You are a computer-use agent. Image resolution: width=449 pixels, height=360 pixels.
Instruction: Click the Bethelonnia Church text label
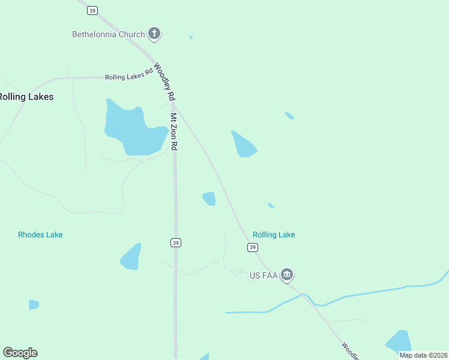108,34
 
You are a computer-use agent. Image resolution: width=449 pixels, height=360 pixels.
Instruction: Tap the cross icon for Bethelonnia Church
155,34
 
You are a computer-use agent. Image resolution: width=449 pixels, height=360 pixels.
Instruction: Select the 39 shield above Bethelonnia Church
92,11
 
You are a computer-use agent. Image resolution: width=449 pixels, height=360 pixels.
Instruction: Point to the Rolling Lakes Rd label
129,77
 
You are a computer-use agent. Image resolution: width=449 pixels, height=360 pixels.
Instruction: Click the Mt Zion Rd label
173,131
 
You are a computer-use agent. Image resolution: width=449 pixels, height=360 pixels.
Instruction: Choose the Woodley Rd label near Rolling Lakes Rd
164,82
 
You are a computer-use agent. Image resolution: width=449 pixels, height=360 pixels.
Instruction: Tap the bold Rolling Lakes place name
26,97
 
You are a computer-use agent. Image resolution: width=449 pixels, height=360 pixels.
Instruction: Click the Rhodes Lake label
40,235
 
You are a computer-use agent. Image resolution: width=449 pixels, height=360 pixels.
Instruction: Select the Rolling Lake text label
274,235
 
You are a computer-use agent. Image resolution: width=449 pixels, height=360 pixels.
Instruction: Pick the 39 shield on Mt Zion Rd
175,242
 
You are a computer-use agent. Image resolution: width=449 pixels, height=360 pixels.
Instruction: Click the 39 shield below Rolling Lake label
252,247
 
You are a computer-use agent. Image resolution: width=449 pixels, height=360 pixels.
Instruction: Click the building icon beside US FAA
287,275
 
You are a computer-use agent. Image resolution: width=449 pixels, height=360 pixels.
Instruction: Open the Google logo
20,353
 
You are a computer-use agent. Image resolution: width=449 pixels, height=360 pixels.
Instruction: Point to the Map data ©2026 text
423,355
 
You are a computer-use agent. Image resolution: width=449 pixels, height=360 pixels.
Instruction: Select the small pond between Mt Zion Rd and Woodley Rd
209,198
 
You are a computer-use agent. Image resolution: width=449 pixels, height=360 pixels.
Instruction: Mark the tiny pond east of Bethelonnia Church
191,37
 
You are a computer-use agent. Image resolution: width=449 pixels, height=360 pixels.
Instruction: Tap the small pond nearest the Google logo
34,305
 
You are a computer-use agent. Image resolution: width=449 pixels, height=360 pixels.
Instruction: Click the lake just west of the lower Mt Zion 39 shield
131,257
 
